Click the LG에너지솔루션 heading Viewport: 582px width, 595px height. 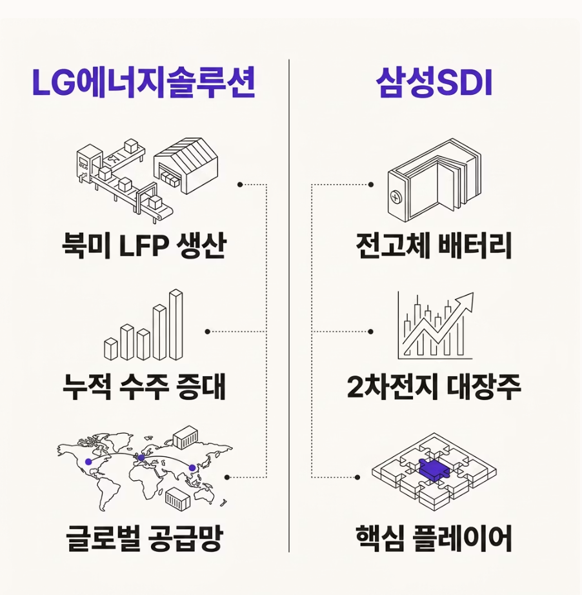(x=144, y=83)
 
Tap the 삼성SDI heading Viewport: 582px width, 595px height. (x=434, y=83)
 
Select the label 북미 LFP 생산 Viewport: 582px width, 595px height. (x=144, y=245)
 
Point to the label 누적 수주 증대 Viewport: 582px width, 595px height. (x=144, y=387)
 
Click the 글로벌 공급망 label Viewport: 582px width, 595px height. (x=144, y=538)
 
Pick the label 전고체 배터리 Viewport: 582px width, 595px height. (x=434, y=245)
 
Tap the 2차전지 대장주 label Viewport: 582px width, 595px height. (x=434, y=387)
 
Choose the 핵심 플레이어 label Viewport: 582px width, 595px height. (x=434, y=538)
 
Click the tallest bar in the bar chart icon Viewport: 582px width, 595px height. (x=176, y=325)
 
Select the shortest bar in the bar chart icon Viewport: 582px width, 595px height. (x=111, y=349)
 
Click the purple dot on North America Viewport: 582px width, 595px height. (x=88, y=461)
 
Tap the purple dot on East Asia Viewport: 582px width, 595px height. (x=192, y=468)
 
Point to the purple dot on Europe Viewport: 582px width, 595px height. (x=141, y=458)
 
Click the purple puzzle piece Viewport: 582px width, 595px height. (x=434, y=470)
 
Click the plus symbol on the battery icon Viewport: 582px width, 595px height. (x=396, y=197)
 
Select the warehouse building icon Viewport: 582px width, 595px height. (x=186, y=165)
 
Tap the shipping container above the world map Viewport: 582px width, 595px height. (x=186, y=437)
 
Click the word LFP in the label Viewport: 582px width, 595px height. (x=143, y=247)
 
